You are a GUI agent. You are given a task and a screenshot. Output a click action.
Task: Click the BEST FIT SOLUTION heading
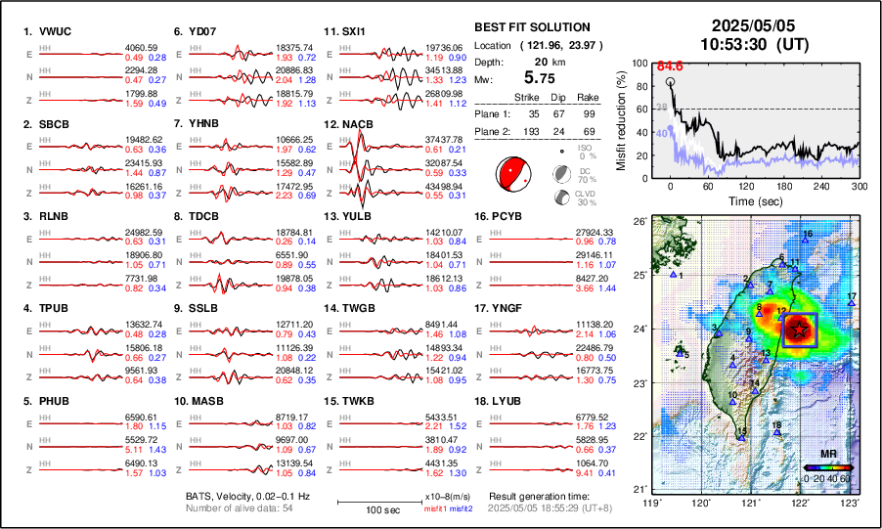(x=531, y=27)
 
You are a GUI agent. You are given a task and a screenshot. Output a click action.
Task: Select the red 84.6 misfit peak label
(x=670, y=66)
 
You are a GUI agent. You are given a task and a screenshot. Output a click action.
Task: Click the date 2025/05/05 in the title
(x=754, y=25)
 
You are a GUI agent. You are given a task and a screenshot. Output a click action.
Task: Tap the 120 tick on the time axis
(x=747, y=186)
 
